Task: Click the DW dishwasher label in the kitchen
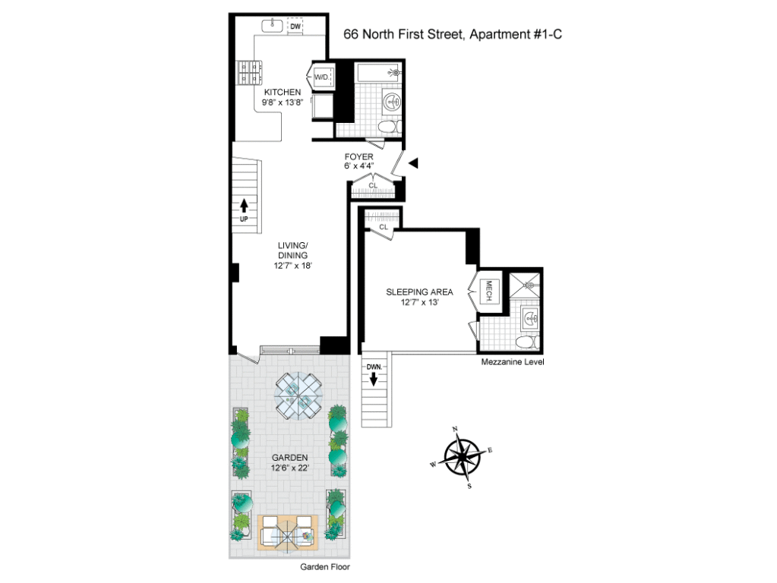pyautogui.click(x=296, y=27)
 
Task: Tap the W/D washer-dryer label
pyautogui.click(x=321, y=77)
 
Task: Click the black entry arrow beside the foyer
pyautogui.click(x=413, y=162)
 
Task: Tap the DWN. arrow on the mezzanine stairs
pyautogui.click(x=374, y=377)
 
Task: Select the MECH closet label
pyautogui.click(x=489, y=292)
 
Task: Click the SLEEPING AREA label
pyautogui.click(x=419, y=291)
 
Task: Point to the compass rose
pyautogui.click(x=462, y=458)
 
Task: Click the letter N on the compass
pyautogui.click(x=455, y=430)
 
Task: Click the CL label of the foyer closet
pyautogui.click(x=373, y=184)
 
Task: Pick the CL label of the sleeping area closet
pyautogui.click(x=384, y=226)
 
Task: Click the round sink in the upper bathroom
pyautogui.click(x=393, y=101)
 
